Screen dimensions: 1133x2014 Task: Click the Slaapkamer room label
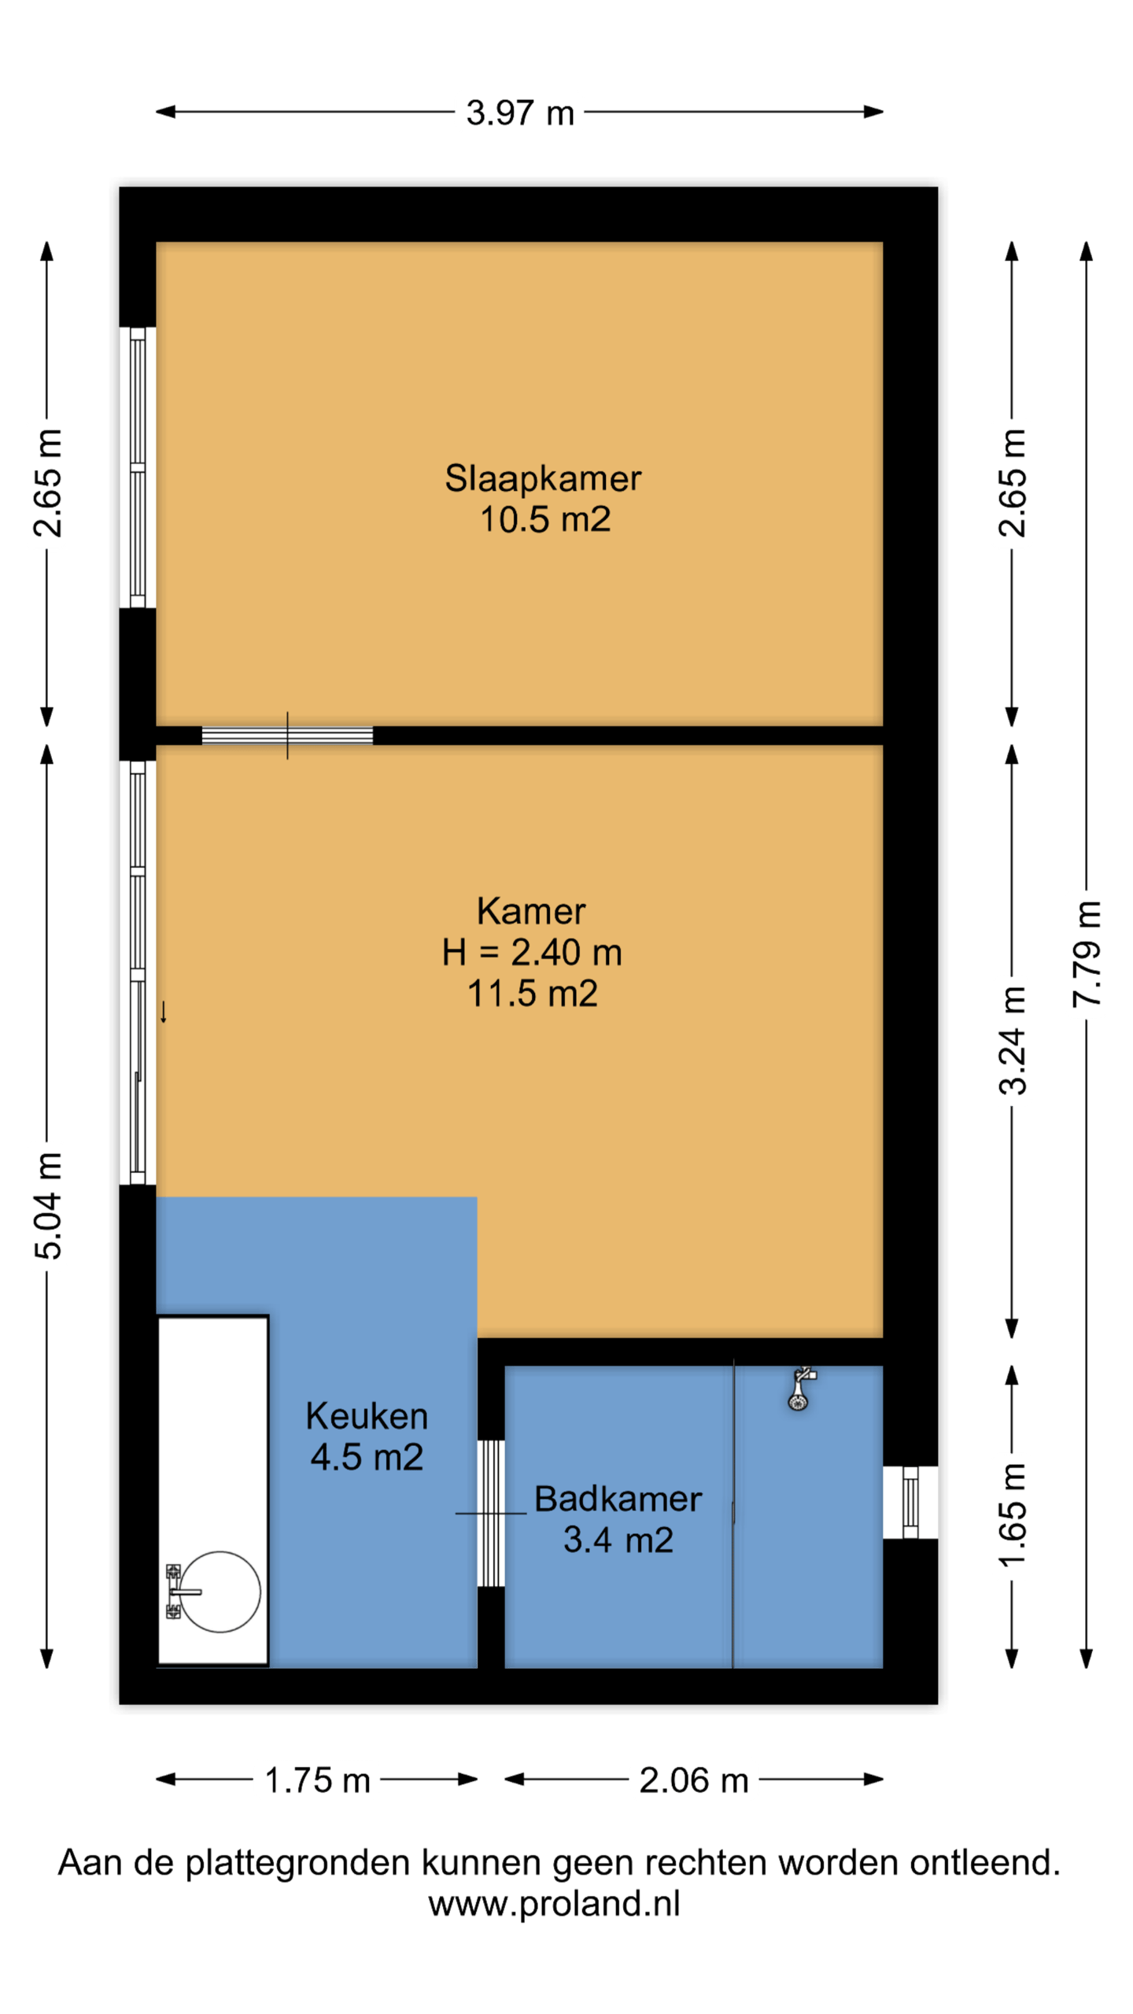coord(543,478)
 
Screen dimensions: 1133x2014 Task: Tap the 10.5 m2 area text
coord(545,519)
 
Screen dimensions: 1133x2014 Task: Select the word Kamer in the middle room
coord(531,911)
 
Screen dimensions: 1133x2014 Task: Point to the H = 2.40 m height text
coord(532,952)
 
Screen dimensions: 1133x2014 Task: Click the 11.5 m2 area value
coord(533,993)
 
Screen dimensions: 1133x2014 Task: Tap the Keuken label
coord(367,1416)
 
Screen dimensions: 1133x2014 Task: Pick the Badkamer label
coord(618,1499)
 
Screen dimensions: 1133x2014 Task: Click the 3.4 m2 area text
coord(618,1540)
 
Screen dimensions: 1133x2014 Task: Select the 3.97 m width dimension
coord(520,113)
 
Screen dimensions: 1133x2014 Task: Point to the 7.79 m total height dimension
coord(1087,954)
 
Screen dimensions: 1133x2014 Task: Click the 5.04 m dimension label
coord(47,1205)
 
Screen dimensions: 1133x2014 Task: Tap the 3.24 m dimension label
coord(1013,1041)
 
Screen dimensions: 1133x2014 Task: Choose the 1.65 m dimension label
coord(1013,1515)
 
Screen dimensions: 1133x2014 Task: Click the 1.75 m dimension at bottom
coord(317,1780)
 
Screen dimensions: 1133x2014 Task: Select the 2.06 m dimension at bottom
coord(693,1780)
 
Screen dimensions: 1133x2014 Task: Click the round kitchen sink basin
coord(220,1592)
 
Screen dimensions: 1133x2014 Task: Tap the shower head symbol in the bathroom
coord(800,1390)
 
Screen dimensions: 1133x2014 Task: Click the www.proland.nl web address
coord(554,1903)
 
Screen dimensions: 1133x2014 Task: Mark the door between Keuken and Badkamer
coord(491,1513)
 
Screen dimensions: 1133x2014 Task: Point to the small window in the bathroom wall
coord(910,1502)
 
